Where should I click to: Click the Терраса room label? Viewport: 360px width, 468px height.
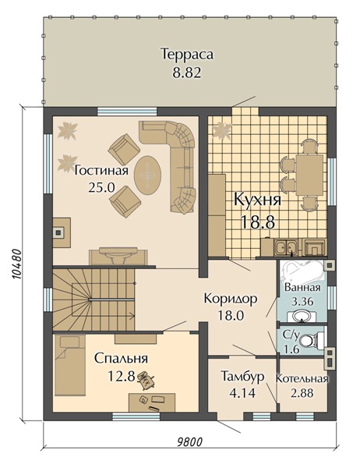[187, 55]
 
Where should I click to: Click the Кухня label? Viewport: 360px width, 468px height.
[257, 200]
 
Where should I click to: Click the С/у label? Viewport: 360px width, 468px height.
[290, 336]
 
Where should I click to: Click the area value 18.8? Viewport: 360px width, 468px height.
[257, 221]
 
